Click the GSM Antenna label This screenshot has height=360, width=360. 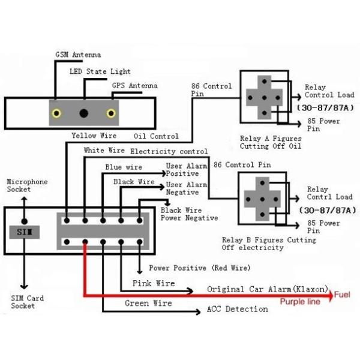(x=78, y=55)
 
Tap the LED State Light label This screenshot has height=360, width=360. (x=99, y=71)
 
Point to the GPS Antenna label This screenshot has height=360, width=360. (x=134, y=86)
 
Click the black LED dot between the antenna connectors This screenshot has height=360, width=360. (x=84, y=113)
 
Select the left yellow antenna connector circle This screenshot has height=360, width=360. (x=56, y=113)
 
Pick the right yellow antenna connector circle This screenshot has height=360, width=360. (x=111, y=113)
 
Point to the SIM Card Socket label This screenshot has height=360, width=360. (x=27, y=302)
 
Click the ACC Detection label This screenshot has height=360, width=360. (x=237, y=309)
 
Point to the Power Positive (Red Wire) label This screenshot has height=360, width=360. (x=200, y=268)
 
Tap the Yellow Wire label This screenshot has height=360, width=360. (x=94, y=136)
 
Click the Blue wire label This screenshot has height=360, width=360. (x=124, y=167)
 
